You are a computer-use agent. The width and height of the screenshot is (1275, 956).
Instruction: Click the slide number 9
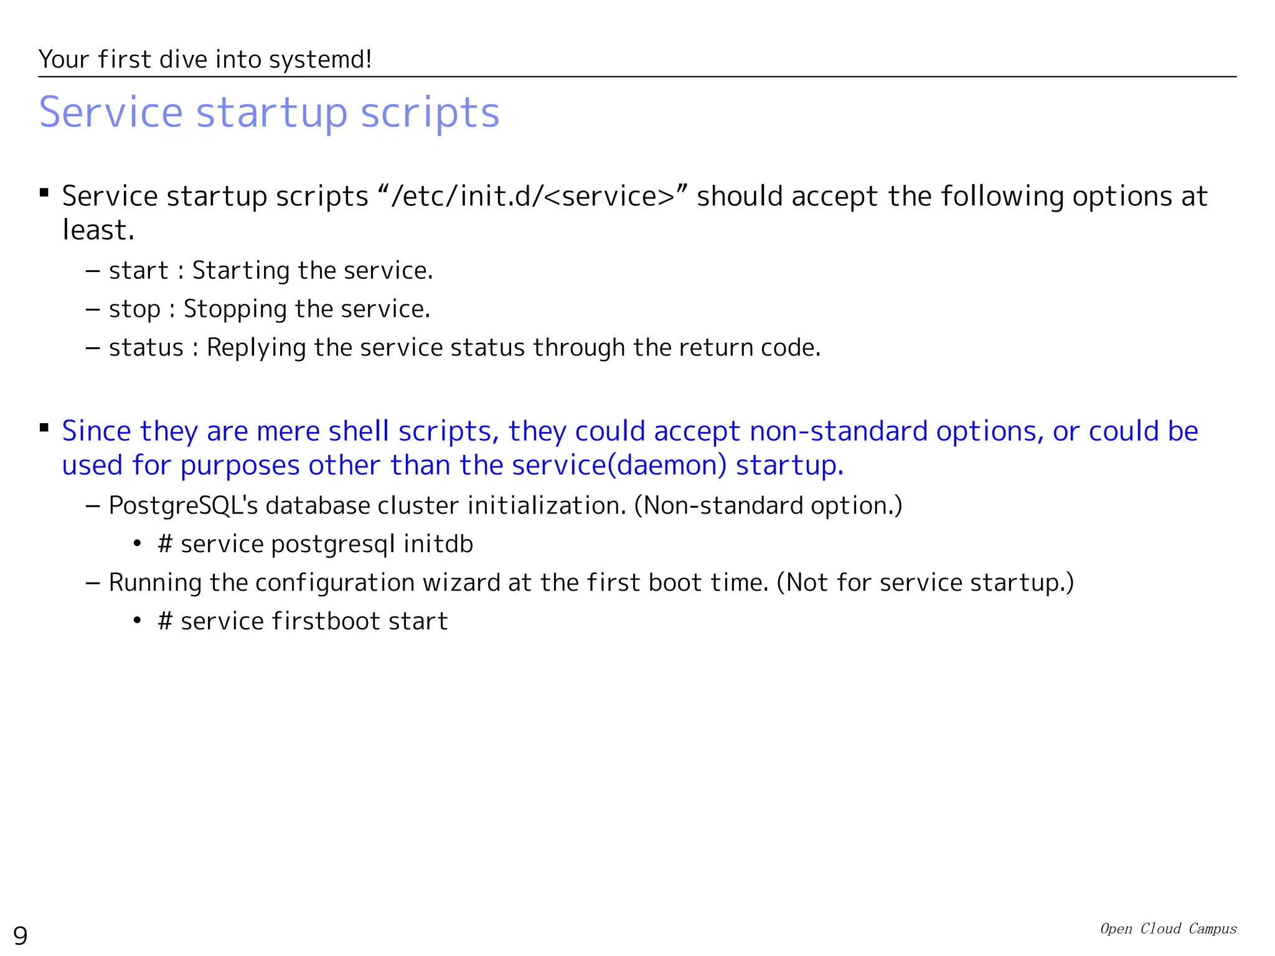tap(21, 935)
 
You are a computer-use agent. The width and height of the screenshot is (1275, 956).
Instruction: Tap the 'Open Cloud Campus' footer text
tap(1168, 929)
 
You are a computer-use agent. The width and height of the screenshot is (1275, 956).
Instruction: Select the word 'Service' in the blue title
tap(111, 113)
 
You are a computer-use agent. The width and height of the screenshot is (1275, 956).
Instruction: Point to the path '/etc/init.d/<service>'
tap(532, 196)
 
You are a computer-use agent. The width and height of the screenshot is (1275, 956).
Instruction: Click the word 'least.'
tap(98, 230)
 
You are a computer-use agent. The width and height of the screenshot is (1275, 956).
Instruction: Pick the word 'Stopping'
tap(235, 309)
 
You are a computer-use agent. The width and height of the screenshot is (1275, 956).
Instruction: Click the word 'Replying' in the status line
tap(256, 347)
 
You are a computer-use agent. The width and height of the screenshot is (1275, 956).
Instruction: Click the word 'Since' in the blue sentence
tap(96, 431)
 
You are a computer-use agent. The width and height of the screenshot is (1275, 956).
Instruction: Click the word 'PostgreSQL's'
tap(183, 505)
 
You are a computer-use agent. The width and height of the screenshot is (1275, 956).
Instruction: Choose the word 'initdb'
tap(438, 544)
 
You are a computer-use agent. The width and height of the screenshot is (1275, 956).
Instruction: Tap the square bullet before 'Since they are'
tap(44, 428)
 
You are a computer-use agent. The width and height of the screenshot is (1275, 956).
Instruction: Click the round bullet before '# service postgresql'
tap(137, 544)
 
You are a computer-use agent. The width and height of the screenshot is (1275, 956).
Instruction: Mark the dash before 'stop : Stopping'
tap(93, 309)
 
